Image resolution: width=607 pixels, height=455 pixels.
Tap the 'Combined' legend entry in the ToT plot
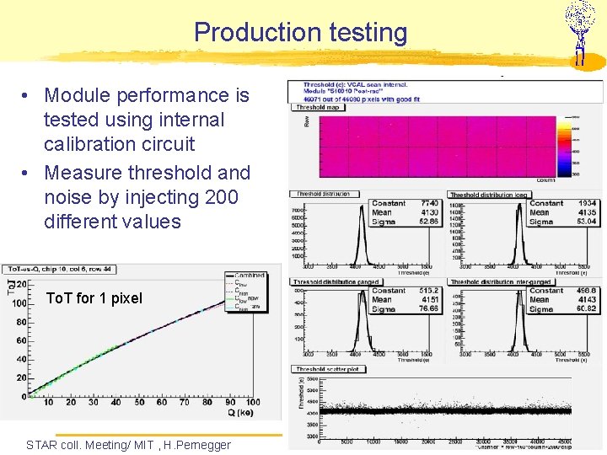250,276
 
